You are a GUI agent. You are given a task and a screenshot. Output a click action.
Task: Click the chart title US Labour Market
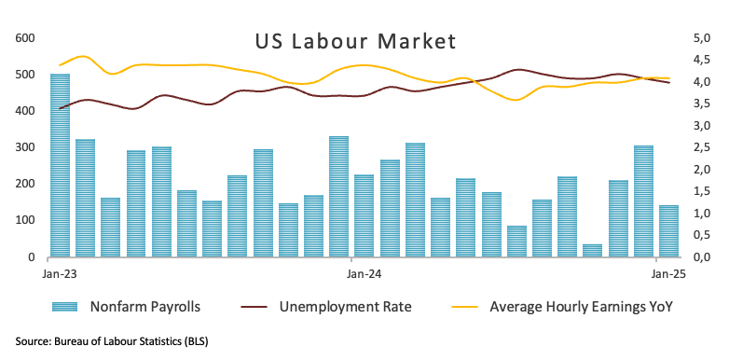(x=355, y=42)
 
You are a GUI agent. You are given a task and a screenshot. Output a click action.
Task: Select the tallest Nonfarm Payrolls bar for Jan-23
(x=60, y=164)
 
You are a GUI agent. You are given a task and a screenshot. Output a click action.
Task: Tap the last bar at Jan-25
(x=668, y=231)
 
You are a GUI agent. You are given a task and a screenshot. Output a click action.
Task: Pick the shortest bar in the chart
(x=592, y=250)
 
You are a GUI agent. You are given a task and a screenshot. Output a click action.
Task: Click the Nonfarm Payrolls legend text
(x=144, y=306)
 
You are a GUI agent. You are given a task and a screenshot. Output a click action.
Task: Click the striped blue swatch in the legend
(x=68, y=306)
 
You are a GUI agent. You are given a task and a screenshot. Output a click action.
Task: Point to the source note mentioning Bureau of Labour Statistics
(x=112, y=341)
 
